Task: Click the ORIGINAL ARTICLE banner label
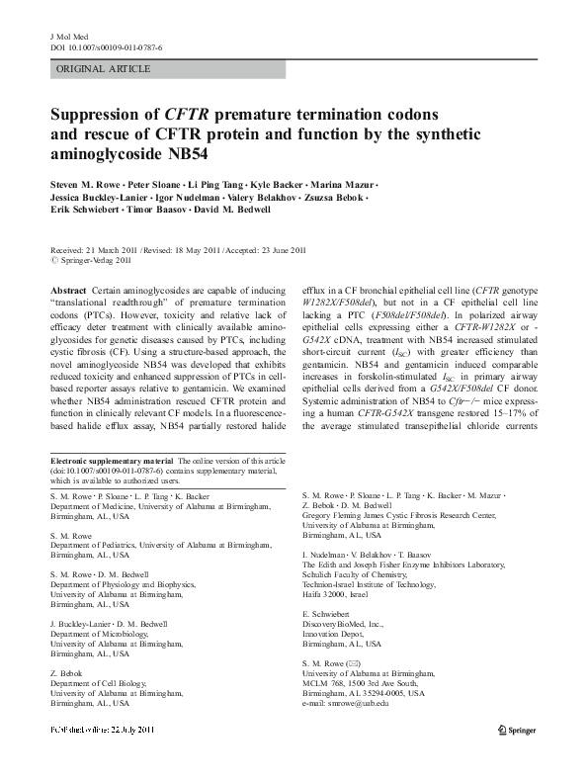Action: tap(105, 69)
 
